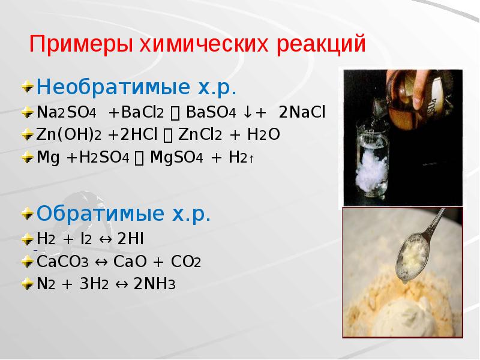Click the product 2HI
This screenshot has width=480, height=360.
pos(130,239)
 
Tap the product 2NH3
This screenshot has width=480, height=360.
pos(155,284)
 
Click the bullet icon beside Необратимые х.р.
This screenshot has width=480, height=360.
pos(28,89)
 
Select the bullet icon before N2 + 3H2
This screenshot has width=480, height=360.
pos(28,283)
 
